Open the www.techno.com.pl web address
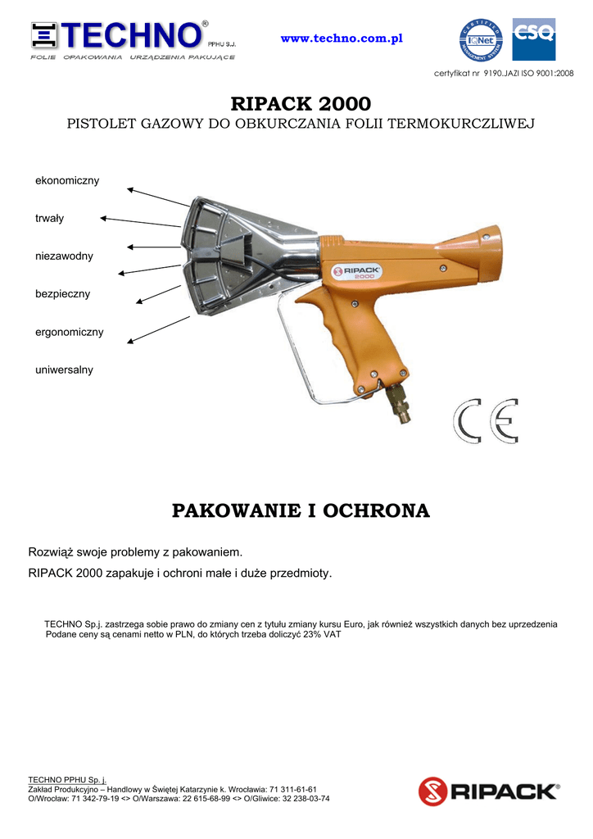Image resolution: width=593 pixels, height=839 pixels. click(342, 39)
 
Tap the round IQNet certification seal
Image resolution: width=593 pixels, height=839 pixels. click(481, 39)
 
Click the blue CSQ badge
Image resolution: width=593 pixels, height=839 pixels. click(533, 39)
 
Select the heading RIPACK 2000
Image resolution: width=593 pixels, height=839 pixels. click(301, 104)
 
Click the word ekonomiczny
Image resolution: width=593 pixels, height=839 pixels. click(67, 180)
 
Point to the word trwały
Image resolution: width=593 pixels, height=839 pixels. click(49, 219)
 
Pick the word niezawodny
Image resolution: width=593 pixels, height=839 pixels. click(64, 256)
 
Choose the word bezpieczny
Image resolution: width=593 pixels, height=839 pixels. click(62, 294)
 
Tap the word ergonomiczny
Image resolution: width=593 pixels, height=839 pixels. click(69, 332)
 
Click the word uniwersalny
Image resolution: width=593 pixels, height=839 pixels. click(64, 370)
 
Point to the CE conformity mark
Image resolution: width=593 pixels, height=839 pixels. click(487, 421)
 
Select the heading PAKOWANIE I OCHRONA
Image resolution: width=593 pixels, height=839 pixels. click(301, 511)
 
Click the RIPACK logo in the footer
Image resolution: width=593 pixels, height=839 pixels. click(489, 791)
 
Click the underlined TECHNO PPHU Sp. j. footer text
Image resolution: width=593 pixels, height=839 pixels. click(67, 779)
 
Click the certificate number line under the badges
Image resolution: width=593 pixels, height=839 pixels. click(504, 74)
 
